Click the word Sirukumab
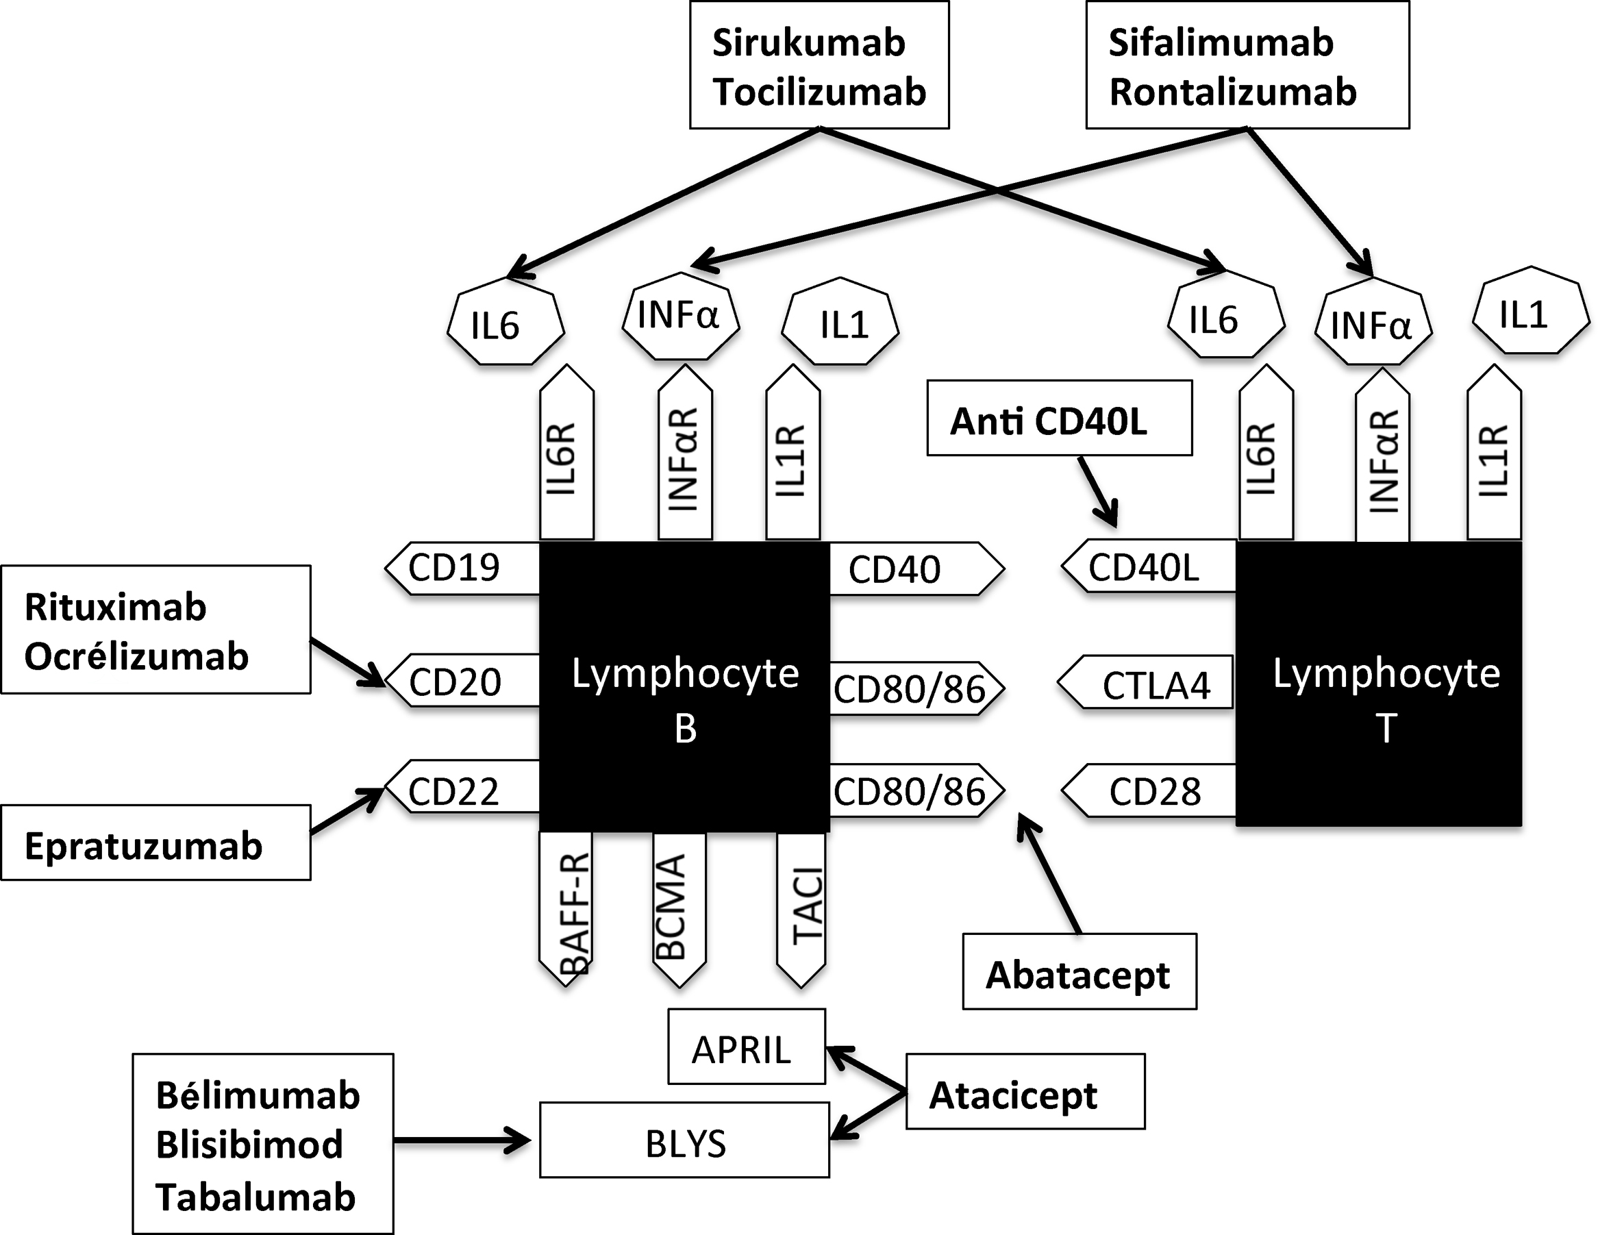click(808, 42)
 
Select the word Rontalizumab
click(1233, 92)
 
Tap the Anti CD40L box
click(1060, 418)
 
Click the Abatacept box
click(1079, 971)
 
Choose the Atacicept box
click(1025, 1092)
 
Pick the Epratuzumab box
click(156, 842)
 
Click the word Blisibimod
click(249, 1145)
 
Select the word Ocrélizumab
click(137, 656)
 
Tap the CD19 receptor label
click(462, 568)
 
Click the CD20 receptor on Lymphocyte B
click(462, 681)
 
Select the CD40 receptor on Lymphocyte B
click(916, 569)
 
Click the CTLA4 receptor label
click(1145, 683)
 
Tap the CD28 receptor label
click(1149, 790)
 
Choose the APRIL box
click(747, 1046)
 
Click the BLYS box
click(685, 1140)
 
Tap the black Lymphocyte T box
click(1379, 684)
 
